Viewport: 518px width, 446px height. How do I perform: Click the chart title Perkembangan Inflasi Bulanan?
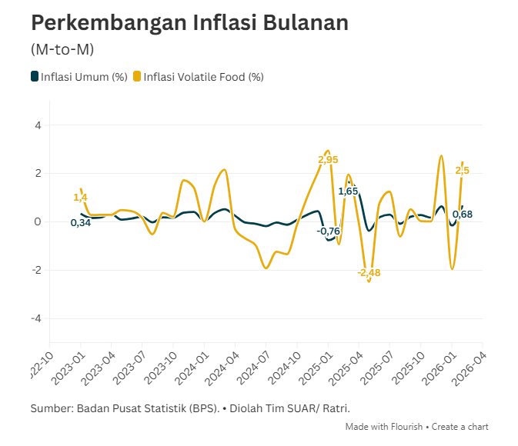point(189,23)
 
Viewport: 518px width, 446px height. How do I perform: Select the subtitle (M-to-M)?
point(62,49)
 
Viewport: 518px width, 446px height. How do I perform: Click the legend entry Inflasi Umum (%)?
point(79,76)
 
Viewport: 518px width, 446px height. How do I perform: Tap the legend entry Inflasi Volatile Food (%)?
point(199,76)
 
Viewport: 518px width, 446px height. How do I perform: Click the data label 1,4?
point(80,198)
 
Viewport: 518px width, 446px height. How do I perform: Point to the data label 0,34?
point(81,223)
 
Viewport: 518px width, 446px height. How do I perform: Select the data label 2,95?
point(328,160)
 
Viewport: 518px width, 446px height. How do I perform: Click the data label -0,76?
point(328,231)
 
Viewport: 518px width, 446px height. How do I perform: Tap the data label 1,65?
point(348,191)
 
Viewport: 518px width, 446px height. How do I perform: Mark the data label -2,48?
point(369,272)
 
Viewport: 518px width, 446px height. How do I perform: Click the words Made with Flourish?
point(386,427)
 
